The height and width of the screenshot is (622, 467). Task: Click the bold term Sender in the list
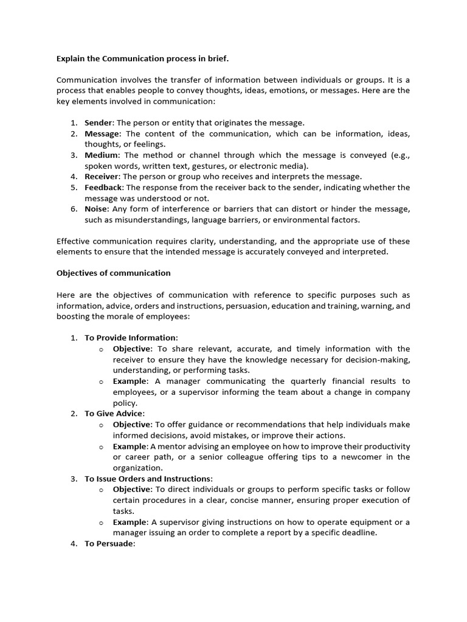point(99,123)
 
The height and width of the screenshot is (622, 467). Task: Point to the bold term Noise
point(96,209)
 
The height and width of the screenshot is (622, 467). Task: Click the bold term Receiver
point(101,177)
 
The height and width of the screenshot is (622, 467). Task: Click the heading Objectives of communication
point(114,273)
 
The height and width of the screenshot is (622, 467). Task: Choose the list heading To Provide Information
point(131,338)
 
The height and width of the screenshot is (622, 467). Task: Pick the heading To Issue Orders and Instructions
point(148,479)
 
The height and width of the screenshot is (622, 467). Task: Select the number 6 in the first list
point(73,209)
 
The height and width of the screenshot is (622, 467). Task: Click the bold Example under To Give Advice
point(130,446)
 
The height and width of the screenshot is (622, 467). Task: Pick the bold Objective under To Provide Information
point(133,349)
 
